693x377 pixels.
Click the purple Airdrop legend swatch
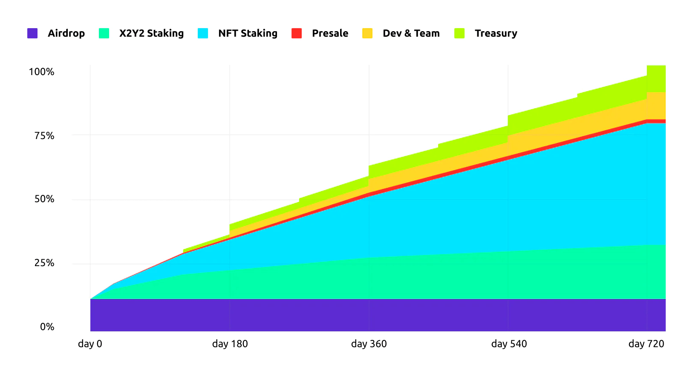tap(32, 33)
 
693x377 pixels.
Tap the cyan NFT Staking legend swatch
tap(203, 33)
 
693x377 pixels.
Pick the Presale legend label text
tap(330, 33)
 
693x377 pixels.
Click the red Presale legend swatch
tap(297, 33)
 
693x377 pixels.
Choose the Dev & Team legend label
tap(411, 33)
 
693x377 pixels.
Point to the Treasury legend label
tap(496, 33)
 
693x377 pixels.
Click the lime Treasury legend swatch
tap(459, 33)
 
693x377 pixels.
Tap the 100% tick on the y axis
tap(41, 72)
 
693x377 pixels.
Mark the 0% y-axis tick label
tap(47, 327)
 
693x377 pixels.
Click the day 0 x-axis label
tap(90, 344)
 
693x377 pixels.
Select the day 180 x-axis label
tap(230, 344)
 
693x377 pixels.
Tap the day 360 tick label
tap(369, 344)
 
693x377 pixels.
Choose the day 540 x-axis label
tap(509, 344)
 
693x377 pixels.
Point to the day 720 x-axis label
tap(646, 344)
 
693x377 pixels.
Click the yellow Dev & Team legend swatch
tap(367, 33)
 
